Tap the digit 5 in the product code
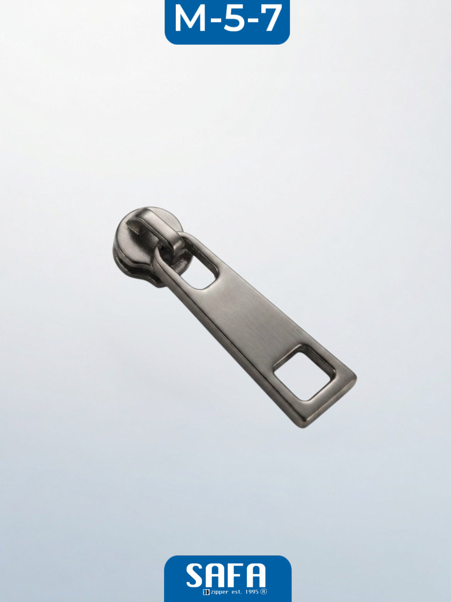tap(234, 19)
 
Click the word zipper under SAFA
tap(220, 592)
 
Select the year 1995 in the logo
tap(252, 592)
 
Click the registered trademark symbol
tap(264, 592)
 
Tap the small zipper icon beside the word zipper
tap(206, 592)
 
